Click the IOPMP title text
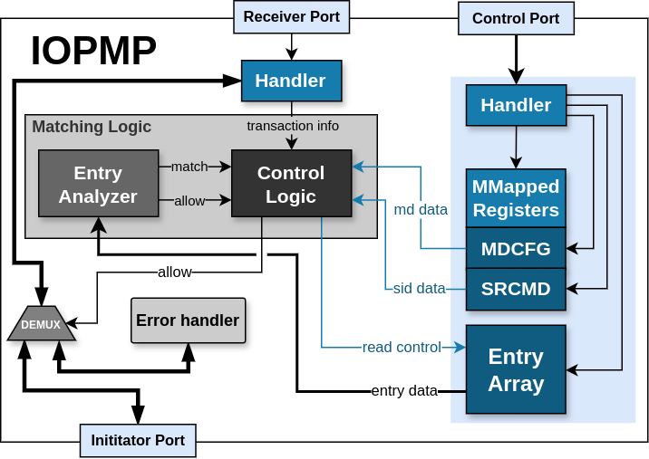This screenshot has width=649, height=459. (x=93, y=51)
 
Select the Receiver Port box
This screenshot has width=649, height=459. (x=291, y=17)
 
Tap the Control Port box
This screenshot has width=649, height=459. (x=516, y=18)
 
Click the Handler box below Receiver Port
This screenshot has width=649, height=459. (x=291, y=81)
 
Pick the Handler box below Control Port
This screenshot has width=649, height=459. (x=516, y=105)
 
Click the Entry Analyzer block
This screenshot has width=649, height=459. (x=98, y=184)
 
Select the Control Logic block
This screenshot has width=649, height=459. (x=291, y=184)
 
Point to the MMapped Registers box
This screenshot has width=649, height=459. (x=516, y=198)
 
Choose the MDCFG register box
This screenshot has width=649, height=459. (x=516, y=248)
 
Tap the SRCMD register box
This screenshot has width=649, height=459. (x=516, y=289)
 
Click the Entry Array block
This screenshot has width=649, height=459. (x=516, y=369)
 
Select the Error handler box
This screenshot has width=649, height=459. (x=188, y=320)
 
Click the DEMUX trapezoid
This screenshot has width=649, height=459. (x=42, y=324)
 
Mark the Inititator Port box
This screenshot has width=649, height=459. (x=138, y=441)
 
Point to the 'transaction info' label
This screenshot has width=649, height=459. (x=293, y=125)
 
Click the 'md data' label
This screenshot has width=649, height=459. (x=421, y=210)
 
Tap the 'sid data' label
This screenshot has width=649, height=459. (x=419, y=289)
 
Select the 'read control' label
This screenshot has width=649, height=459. (x=402, y=347)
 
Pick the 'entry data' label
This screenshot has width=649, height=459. (x=404, y=391)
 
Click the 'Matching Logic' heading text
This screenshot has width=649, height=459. (x=92, y=127)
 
